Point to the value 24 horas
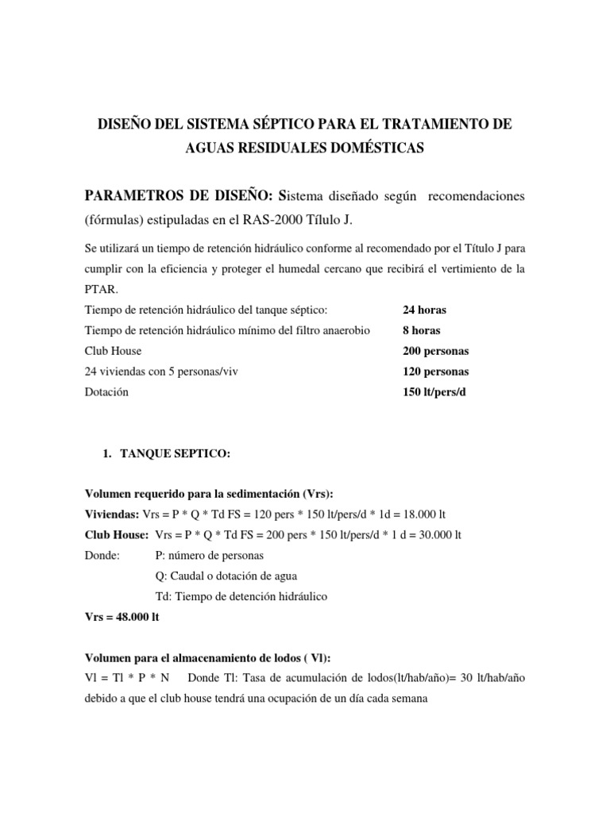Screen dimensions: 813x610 tap(429, 310)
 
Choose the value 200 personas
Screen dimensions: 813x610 tap(437, 351)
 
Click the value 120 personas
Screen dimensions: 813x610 tap(437, 372)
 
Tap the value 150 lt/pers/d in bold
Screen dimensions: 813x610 tap(436, 392)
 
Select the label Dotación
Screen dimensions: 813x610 tap(106, 392)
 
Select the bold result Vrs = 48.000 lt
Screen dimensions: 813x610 tap(122, 616)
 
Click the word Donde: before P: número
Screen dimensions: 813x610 tap(101, 556)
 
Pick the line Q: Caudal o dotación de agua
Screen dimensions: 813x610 tap(229, 576)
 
